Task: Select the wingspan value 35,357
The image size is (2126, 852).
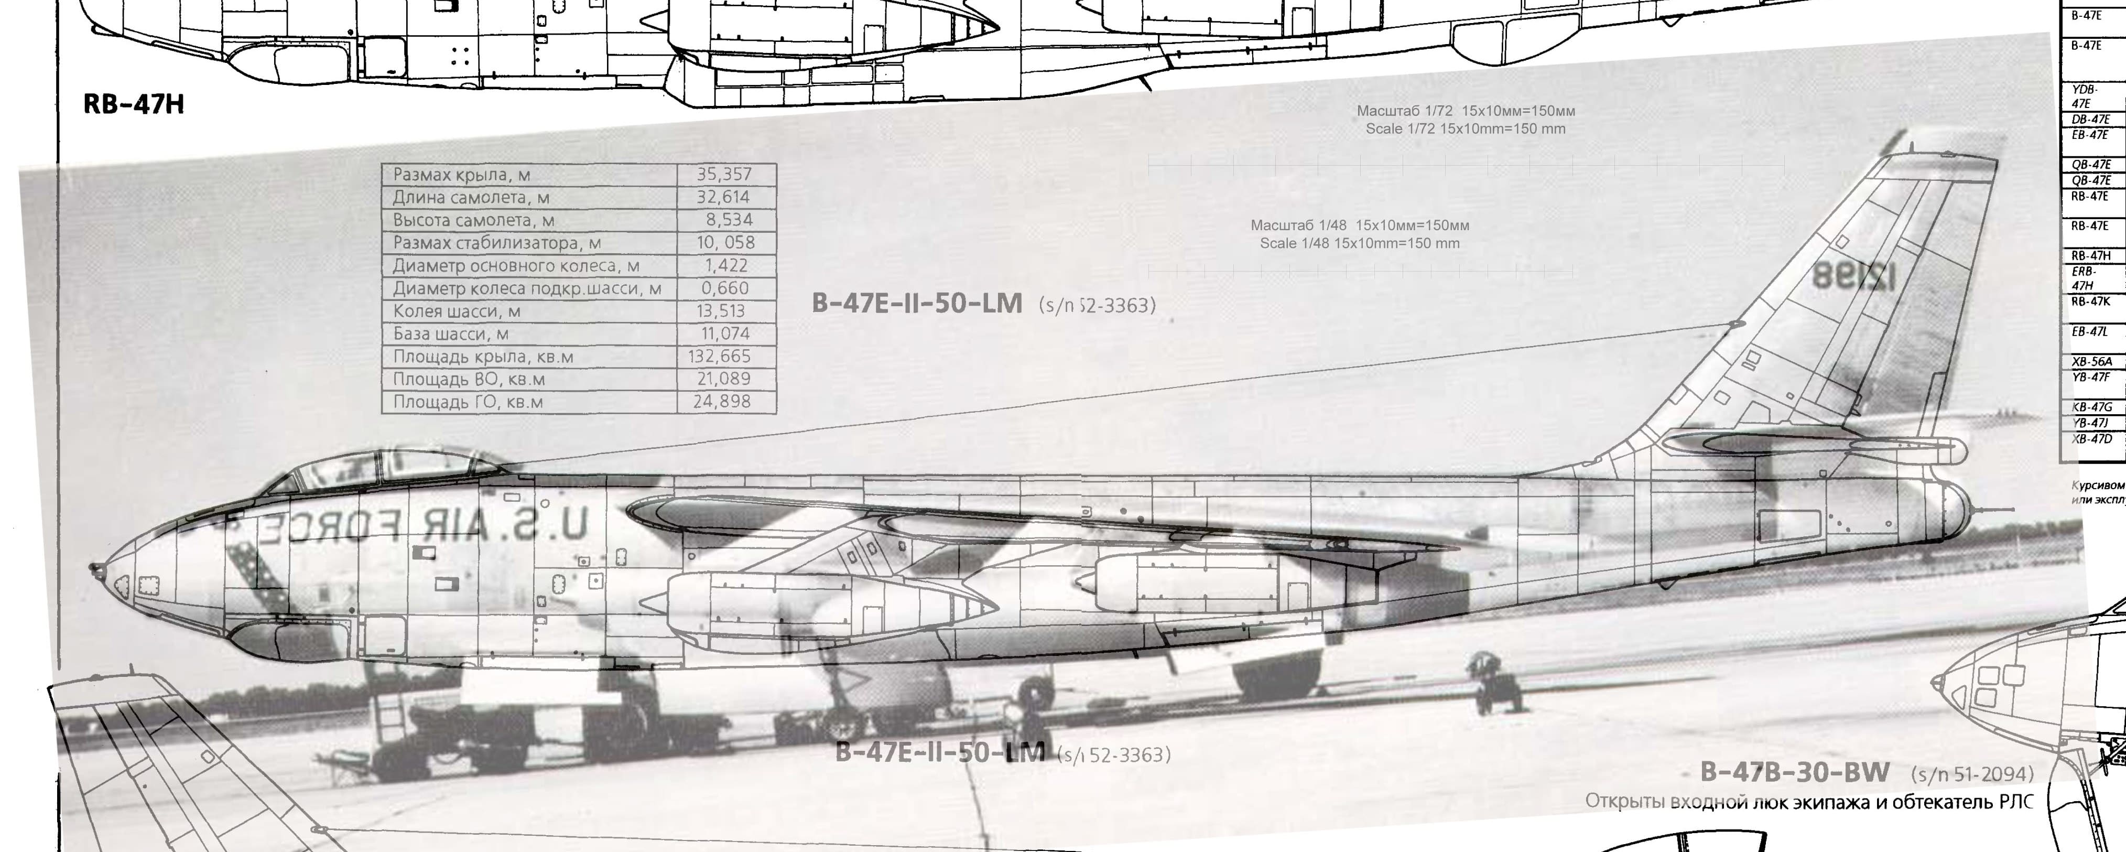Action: tap(724, 174)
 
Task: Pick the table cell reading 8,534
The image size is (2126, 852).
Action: tap(729, 220)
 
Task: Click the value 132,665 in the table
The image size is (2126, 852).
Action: tap(720, 357)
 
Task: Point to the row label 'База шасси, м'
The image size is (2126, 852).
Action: tap(451, 333)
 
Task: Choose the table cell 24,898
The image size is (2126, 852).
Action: tap(722, 402)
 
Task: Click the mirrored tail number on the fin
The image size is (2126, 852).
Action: tap(1853, 276)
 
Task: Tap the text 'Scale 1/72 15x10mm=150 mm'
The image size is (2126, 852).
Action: tap(1465, 129)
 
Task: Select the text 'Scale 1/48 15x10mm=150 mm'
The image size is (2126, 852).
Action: tap(1359, 244)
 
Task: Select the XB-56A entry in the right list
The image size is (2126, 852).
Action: tap(2091, 362)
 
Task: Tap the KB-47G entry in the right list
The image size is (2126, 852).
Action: tap(2091, 407)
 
